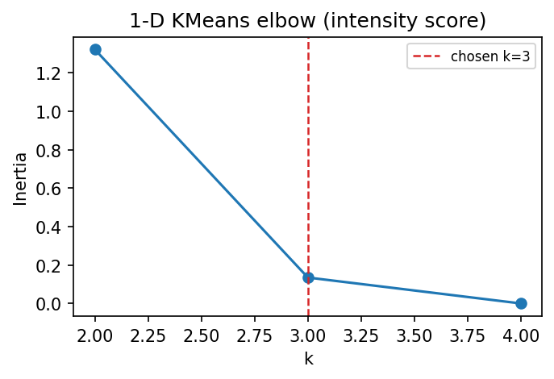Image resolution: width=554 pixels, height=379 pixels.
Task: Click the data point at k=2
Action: [95, 50]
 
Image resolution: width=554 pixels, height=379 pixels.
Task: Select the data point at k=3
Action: [308, 277]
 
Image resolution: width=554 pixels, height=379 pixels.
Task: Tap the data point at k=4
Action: [521, 303]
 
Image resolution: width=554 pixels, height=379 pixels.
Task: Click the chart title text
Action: [308, 19]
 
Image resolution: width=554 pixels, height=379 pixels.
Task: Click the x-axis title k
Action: [308, 359]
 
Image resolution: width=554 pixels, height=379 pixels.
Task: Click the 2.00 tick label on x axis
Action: [95, 333]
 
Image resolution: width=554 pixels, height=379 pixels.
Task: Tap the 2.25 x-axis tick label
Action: [148, 333]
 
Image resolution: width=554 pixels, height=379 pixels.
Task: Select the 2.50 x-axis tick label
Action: [202, 333]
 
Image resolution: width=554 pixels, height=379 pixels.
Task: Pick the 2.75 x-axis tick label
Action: [255, 333]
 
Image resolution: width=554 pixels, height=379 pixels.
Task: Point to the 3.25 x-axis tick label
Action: [361, 333]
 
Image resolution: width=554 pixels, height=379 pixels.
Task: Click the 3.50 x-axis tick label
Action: [414, 333]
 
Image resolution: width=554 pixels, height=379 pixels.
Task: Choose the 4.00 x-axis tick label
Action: [521, 333]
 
